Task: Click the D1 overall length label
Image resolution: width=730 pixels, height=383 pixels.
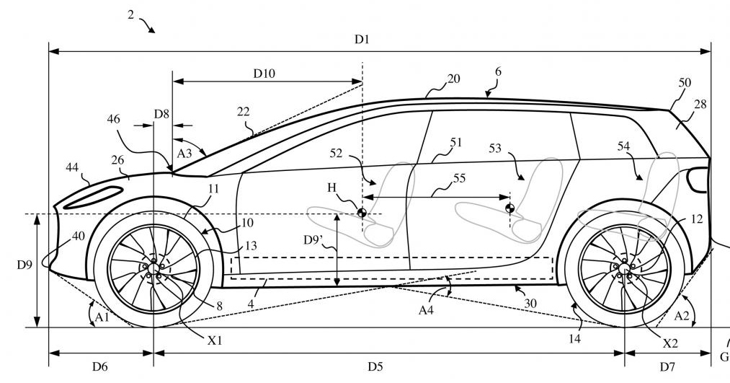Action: click(362, 39)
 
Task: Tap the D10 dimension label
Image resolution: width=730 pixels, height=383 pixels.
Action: click(264, 73)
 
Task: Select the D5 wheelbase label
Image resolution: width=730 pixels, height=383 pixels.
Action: click(375, 366)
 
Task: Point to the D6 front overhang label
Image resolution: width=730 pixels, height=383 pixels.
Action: click(99, 366)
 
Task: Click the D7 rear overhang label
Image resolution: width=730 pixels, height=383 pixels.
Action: click(667, 366)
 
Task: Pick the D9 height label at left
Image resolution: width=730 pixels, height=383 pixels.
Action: click(25, 265)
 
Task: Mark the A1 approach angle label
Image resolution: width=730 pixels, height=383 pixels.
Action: click(102, 317)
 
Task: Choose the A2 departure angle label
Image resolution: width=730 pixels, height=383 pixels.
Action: click(682, 317)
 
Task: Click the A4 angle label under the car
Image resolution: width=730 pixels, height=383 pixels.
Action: click(426, 310)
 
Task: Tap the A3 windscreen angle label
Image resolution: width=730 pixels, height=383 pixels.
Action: click(184, 154)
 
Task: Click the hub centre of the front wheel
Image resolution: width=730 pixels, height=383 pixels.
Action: click(153, 268)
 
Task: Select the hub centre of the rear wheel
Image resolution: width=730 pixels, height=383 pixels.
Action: click(624, 268)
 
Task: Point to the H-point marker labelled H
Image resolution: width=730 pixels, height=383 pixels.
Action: click(361, 213)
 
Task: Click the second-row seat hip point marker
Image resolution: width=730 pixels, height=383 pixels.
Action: click(509, 208)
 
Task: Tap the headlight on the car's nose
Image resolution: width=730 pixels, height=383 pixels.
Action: click(93, 197)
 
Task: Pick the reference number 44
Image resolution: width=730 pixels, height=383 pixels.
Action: click(72, 167)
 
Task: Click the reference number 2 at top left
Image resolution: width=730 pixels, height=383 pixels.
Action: click(131, 15)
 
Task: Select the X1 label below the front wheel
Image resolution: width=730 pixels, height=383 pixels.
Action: click(215, 340)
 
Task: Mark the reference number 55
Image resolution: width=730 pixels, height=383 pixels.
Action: click(459, 178)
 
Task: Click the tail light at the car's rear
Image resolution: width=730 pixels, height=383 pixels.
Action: click(698, 180)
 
